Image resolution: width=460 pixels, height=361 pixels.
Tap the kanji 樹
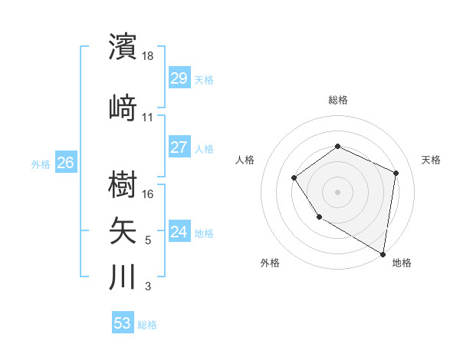pyautogui.click(x=123, y=184)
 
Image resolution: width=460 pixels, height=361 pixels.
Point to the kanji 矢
pyautogui.click(x=123, y=230)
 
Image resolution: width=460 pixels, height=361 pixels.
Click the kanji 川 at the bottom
pyautogui.click(x=123, y=276)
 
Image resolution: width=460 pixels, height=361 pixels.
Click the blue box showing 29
pyautogui.click(x=179, y=78)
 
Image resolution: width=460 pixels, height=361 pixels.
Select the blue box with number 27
pyautogui.click(x=179, y=147)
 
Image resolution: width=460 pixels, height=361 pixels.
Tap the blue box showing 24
pyautogui.click(x=179, y=232)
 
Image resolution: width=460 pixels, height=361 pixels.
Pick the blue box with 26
pyautogui.click(x=65, y=163)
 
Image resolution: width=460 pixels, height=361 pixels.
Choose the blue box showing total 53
pyautogui.click(x=123, y=323)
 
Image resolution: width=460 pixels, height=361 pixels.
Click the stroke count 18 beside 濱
pyautogui.click(x=149, y=56)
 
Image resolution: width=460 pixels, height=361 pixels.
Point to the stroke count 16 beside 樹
pyautogui.click(x=149, y=194)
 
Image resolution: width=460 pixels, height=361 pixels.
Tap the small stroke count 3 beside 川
pyautogui.click(x=148, y=286)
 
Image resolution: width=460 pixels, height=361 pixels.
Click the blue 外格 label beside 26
pyautogui.click(x=41, y=164)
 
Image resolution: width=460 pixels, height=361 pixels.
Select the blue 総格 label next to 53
pyautogui.click(x=147, y=324)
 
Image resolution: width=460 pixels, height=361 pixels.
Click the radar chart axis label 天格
pyautogui.click(x=431, y=160)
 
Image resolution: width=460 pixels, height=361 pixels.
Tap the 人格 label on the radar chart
pyautogui.click(x=245, y=160)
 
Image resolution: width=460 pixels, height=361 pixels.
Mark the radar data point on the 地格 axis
pyautogui.click(x=383, y=253)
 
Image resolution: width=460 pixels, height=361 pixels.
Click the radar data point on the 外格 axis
pyautogui.click(x=319, y=217)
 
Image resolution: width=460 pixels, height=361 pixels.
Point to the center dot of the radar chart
pyautogui.click(x=337, y=191)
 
